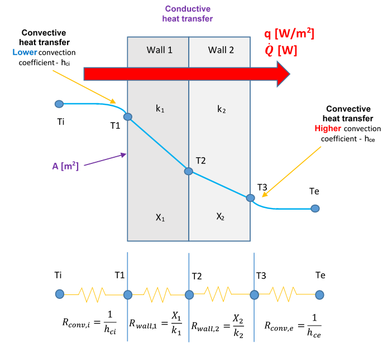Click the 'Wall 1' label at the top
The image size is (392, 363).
coord(159,50)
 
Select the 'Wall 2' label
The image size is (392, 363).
coord(221,50)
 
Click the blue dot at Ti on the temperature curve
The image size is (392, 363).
coord(59,104)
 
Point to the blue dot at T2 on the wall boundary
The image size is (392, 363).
coord(189,172)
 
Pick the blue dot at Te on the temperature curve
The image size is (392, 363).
coord(315,209)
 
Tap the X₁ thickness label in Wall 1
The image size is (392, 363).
coord(160,218)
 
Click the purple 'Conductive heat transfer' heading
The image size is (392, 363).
coord(187,14)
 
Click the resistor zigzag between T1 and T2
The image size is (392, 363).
coord(158,294)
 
